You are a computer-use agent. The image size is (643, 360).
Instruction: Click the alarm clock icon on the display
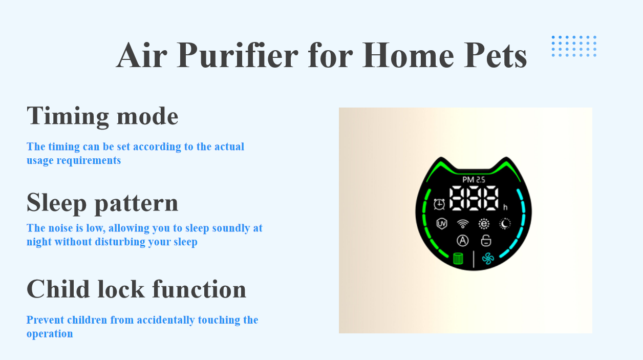(439, 204)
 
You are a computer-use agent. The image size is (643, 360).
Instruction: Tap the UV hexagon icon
(441, 224)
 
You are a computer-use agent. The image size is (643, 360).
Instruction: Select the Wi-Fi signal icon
(463, 224)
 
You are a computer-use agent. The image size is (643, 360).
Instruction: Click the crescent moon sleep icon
(505, 223)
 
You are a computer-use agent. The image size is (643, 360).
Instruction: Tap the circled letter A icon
(463, 241)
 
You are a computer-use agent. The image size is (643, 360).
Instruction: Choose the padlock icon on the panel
(486, 240)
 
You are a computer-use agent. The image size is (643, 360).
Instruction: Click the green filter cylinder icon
(458, 259)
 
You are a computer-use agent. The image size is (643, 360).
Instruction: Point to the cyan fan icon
(488, 259)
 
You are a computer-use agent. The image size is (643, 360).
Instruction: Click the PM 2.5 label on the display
(474, 180)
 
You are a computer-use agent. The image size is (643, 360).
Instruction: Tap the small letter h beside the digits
(505, 207)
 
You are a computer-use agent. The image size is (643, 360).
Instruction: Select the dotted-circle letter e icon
(484, 224)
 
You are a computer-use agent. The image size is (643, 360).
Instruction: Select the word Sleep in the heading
(56, 203)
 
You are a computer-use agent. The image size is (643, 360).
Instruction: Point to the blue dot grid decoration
(574, 46)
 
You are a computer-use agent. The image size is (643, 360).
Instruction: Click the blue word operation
(50, 334)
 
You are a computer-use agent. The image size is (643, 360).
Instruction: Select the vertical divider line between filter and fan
(474, 259)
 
